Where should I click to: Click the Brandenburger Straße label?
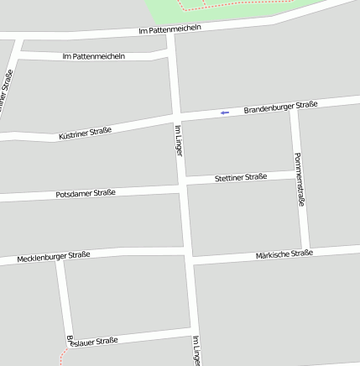pos(280,107)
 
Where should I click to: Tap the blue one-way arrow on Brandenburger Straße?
pos(224,112)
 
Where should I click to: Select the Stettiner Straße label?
pos(241,177)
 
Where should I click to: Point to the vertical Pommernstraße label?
pos(299,180)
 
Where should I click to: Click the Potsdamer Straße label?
pos(86,193)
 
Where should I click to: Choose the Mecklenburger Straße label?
pos(53,256)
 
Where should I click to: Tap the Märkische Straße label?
pos(284,254)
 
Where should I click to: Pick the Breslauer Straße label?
pos(92,341)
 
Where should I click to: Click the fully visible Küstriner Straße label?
pos(86,133)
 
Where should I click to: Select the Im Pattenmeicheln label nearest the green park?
pos(170,29)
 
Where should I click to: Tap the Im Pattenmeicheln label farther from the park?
pos(94,56)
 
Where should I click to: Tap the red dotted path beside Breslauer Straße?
pos(62,358)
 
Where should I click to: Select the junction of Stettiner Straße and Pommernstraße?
pos(300,175)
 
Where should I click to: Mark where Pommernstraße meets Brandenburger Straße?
pos(294,107)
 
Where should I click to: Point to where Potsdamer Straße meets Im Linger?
pos(181,188)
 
